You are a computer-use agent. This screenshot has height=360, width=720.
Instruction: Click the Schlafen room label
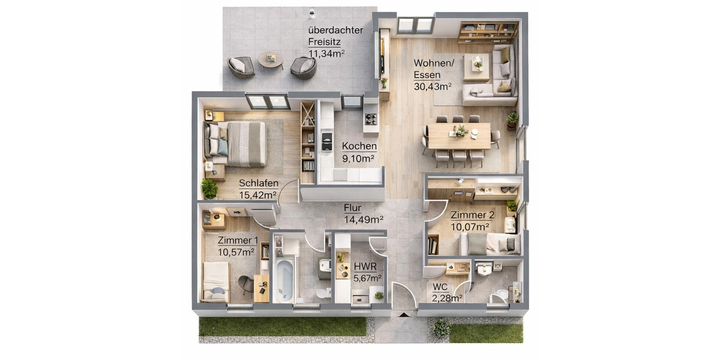click(x=257, y=184)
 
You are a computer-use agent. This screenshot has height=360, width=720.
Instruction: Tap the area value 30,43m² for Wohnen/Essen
click(x=432, y=86)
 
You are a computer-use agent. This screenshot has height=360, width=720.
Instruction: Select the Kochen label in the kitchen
click(x=359, y=146)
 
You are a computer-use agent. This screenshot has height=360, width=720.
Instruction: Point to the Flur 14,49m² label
click(x=364, y=214)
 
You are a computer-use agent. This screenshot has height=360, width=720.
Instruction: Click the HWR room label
click(x=365, y=266)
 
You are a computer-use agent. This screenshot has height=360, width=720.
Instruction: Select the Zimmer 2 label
click(x=472, y=215)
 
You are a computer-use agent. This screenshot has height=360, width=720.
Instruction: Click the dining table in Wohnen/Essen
click(x=459, y=136)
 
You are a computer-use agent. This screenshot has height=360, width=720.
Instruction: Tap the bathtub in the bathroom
click(x=285, y=280)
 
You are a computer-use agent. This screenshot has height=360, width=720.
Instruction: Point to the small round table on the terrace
click(x=270, y=59)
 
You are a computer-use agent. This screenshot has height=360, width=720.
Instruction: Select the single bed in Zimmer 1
click(x=215, y=281)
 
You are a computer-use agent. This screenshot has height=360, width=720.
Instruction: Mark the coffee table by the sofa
click(x=476, y=66)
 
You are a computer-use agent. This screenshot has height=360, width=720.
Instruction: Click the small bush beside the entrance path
click(x=441, y=328)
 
